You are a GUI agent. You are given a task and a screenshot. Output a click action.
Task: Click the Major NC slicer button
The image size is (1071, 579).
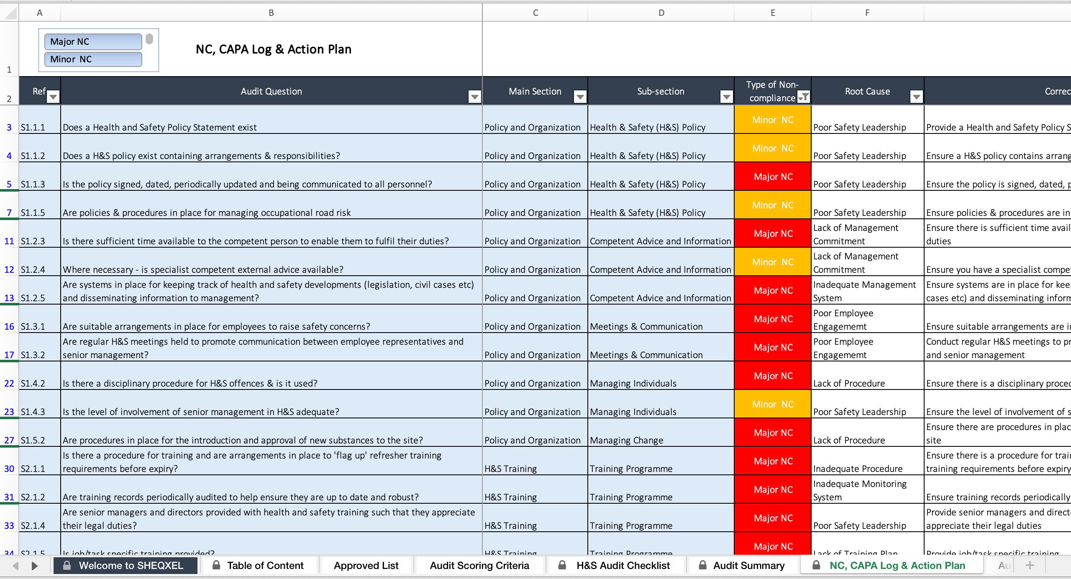[x=93, y=42]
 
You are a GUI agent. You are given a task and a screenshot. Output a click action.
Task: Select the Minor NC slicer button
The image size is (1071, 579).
[x=93, y=59]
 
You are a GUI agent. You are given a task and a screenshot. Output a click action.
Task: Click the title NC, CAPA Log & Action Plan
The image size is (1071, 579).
[x=274, y=49]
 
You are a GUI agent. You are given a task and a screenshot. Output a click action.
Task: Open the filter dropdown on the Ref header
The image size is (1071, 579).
[x=53, y=97]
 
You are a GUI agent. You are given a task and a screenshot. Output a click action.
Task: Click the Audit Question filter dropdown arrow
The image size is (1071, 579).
[x=474, y=97]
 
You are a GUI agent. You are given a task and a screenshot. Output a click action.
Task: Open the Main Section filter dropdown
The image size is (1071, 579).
[x=580, y=97]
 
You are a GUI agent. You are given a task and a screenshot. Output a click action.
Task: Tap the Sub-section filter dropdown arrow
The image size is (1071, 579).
[x=727, y=97]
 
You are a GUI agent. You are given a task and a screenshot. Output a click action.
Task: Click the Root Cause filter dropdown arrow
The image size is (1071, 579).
[x=917, y=97]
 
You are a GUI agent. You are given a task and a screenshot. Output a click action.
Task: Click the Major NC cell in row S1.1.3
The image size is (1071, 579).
[x=773, y=177]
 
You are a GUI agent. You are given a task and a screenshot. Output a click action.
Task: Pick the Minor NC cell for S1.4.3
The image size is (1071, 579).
[x=773, y=404]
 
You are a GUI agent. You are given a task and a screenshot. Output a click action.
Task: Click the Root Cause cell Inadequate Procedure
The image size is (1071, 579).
[x=858, y=469]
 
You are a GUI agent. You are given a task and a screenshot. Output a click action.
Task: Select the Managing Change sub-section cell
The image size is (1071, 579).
[x=627, y=440]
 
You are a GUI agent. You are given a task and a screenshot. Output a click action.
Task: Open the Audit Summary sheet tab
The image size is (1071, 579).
[x=748, y=566]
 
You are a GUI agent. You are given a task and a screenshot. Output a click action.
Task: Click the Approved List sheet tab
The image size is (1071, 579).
[x=366, y=566]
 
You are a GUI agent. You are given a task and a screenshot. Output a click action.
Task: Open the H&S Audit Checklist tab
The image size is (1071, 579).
[x=623, y=566]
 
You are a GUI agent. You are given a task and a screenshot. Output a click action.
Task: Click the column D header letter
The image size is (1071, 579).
[x=661, y=13]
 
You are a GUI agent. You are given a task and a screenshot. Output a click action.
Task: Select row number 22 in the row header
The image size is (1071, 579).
[x=9, y=383]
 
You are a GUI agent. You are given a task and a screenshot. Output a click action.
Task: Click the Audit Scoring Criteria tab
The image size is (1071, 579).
[x=479, y=566]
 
